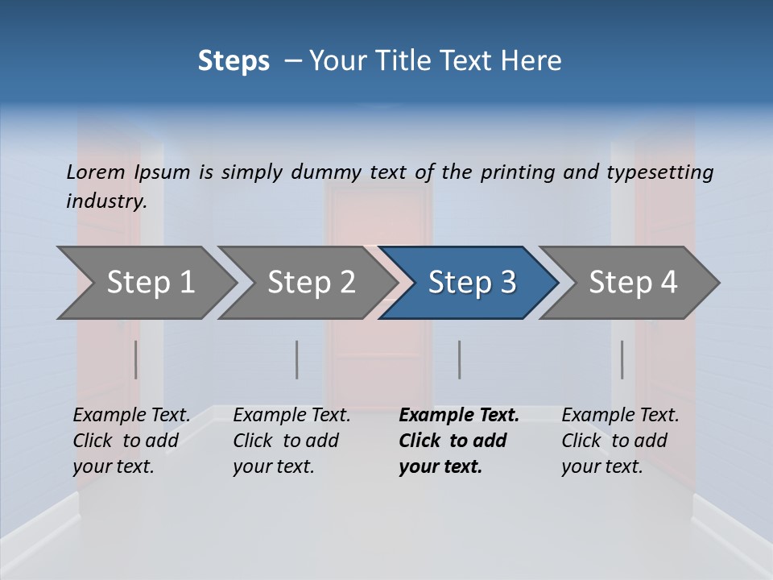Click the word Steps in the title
pos(234,61)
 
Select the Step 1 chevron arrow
pos(150,283)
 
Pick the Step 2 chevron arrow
pos(311,283)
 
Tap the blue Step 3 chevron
pos(472,283)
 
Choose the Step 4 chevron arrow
pos(633,283)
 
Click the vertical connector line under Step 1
pos(136,359)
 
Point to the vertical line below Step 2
pos(297,359)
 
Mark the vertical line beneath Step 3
pos(460,359)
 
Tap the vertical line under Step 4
pos(622,359)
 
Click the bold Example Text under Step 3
pos(459,416)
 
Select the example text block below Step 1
pos(131,441)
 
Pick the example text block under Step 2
pos(291,441)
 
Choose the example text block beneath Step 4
pos(620,441)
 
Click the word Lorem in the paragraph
pos(96,172)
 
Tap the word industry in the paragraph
pos(105,201)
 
